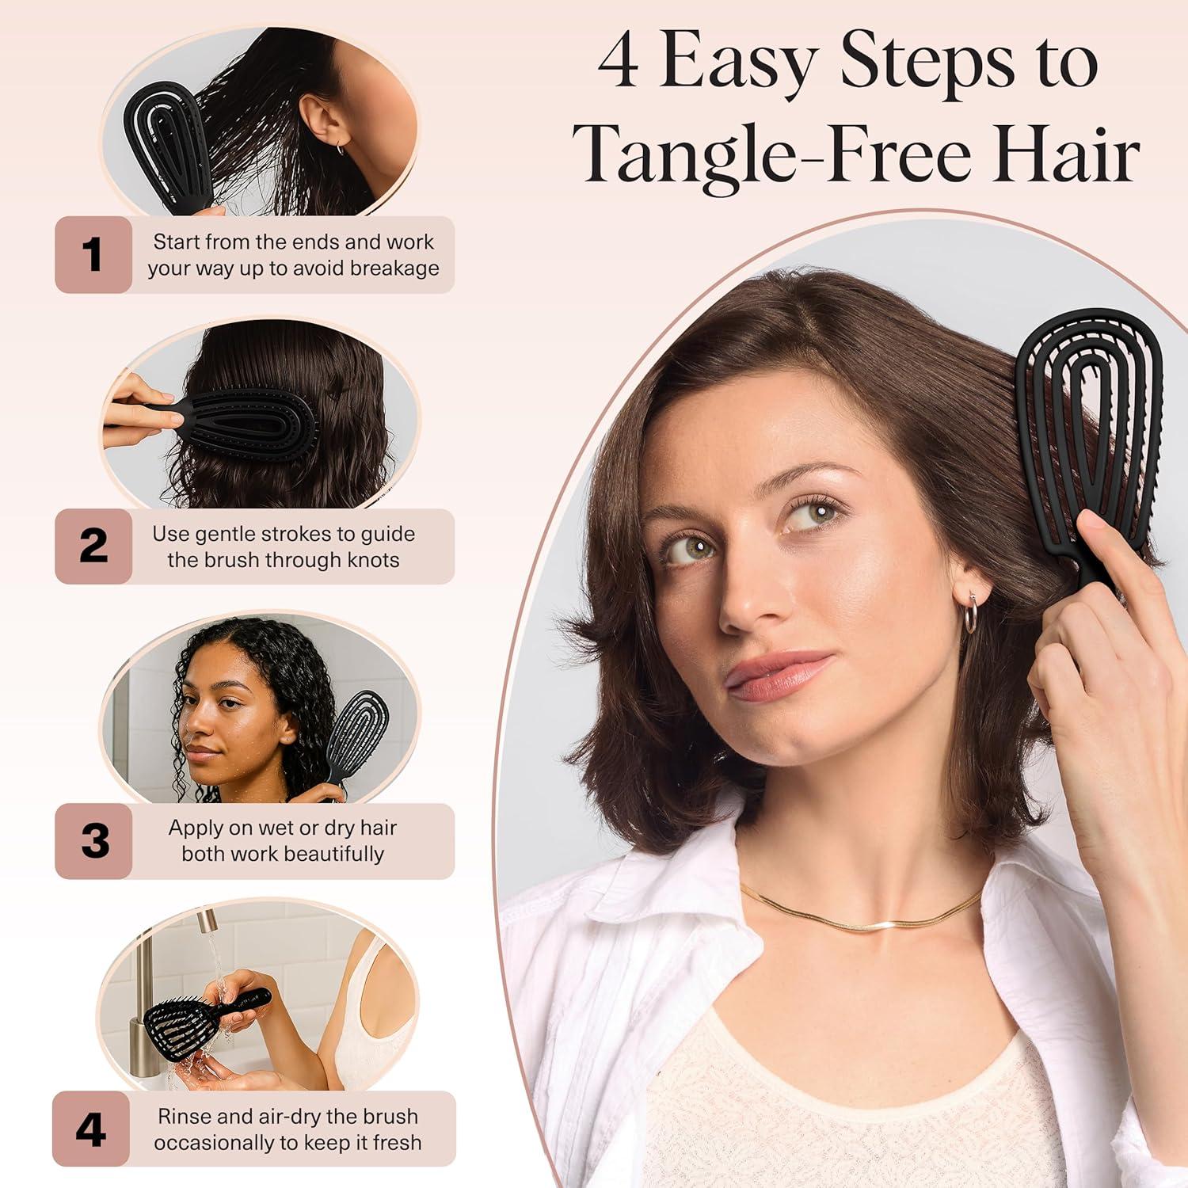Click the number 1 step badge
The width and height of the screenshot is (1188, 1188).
pyautogui.click(x=93, y=255)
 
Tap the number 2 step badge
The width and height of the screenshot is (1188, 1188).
pyautogui.click(x=93, y=546)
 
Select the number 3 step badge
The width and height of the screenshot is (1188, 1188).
pyautogui.click(x=93, y=841)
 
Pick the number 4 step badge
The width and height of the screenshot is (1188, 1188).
pyautogui.click(x=91, y=1129)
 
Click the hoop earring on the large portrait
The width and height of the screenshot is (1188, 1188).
pyautogui.click(x=970, y=615)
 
